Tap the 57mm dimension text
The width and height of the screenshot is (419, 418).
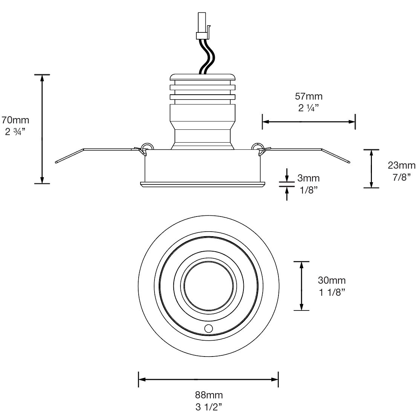309,96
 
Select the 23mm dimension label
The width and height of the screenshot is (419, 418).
402,165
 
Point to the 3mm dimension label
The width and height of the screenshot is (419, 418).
308,178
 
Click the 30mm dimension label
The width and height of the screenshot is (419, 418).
332,280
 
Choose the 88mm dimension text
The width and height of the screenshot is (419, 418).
209,395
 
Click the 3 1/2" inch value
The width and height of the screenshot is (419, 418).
209,407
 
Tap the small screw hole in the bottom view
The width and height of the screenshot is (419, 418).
208,328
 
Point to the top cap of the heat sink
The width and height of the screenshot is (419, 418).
202,78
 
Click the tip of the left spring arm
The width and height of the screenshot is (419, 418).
56,162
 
